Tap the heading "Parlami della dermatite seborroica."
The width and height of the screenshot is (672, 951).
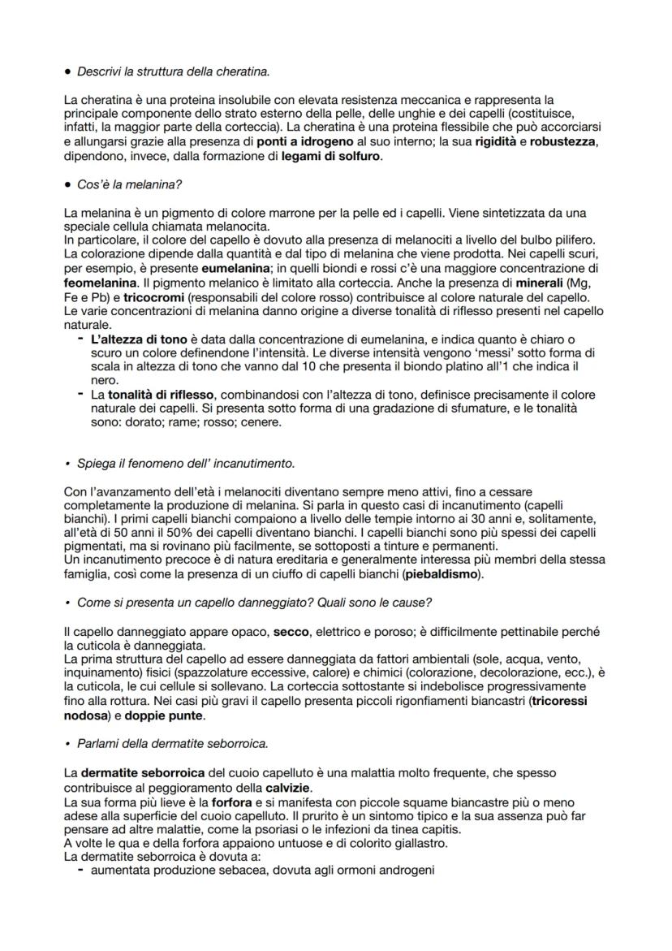point(172,743)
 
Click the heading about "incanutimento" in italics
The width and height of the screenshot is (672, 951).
point(186,464)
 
